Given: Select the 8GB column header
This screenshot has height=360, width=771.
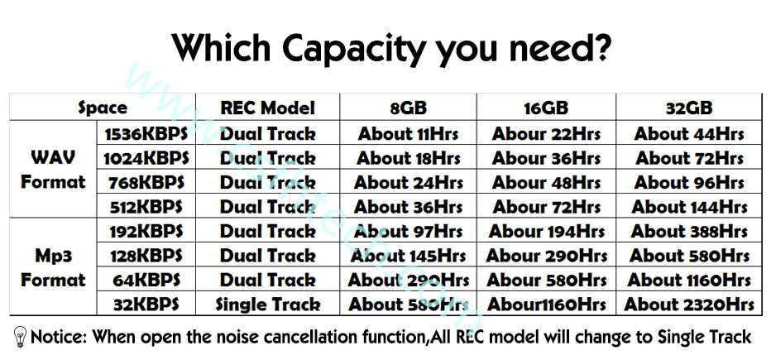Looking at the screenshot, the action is pos(408,108).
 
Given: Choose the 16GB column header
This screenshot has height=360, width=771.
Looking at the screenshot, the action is pos(546,108).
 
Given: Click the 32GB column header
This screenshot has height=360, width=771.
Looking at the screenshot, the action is pos(689,108).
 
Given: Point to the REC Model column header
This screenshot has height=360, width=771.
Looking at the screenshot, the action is pos(267,108).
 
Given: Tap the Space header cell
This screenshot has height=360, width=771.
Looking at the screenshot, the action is pos(103,108).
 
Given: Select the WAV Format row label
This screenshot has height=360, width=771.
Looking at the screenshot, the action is pos(53,170).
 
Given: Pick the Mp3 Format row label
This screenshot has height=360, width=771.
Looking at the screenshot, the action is pos(53,267).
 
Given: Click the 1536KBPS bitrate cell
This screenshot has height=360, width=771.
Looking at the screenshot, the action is pos(146,133).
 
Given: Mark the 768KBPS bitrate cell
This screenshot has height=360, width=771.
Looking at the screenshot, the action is pos(146,182).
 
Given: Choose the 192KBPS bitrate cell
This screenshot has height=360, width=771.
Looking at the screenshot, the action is pos(146,231).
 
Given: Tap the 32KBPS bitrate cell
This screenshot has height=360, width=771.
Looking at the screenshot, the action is pos(146,305).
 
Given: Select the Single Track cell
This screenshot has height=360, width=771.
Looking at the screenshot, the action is pos(267,305).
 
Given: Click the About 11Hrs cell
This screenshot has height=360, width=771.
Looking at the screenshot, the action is pos(408,133).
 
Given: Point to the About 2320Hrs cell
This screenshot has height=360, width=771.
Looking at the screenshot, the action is pos(689,305).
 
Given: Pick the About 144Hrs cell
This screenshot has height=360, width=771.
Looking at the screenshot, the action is pos(689,207).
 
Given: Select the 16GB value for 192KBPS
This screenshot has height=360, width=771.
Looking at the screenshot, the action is pos(546,231).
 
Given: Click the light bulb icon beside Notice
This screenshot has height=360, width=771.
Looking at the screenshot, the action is pos(20,337).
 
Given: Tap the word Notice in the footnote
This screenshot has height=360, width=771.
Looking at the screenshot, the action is pos(60,337).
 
